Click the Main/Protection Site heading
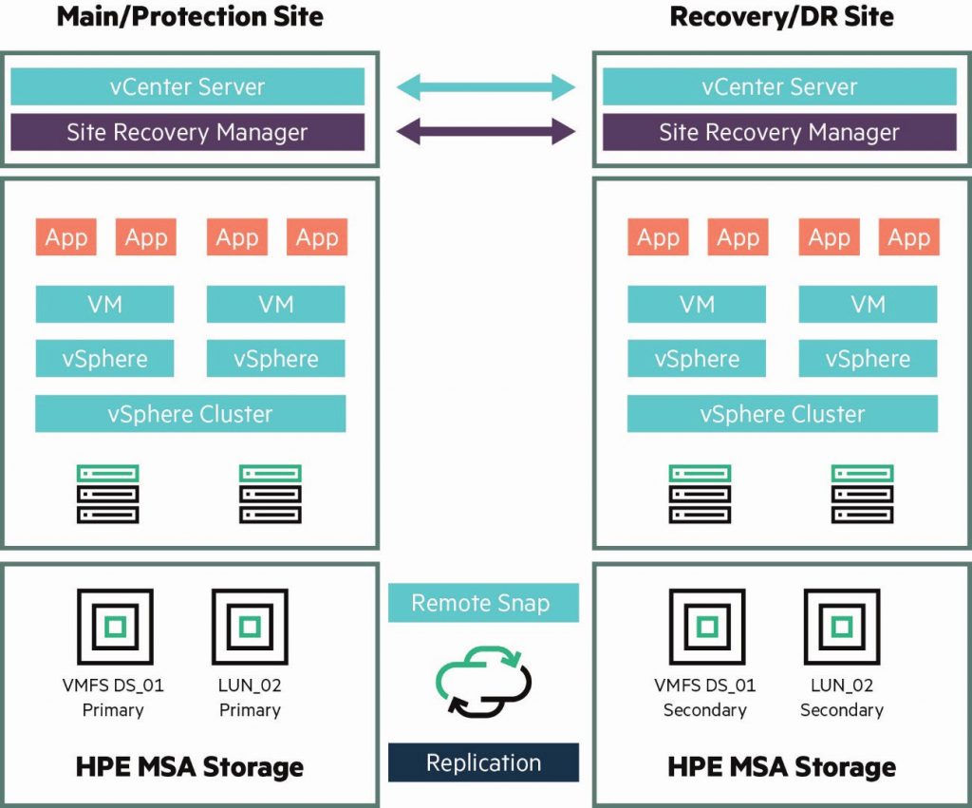tap(190, 17)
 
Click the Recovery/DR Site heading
tap(781, 17)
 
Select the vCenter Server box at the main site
tap(187, 86)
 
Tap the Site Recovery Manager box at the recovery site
tap(779, 132)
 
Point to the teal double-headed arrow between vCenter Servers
tap(485, 88)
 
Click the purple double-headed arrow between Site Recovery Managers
tap(485, 132)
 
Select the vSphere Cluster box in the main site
tap(190, 414)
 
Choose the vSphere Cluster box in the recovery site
tap(782, 414)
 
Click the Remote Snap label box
tap(483, 603)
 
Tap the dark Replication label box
tap(483, 762)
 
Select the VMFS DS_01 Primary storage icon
tap(114, 626)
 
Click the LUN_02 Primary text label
tap(250, 697)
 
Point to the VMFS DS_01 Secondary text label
tap(705, 697)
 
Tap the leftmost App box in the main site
tap(66, 237)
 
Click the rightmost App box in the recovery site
tap(908, 237)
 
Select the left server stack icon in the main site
tap(107, 494)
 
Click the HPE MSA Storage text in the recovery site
tap(781, 766)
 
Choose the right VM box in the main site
tap(275, 304)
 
